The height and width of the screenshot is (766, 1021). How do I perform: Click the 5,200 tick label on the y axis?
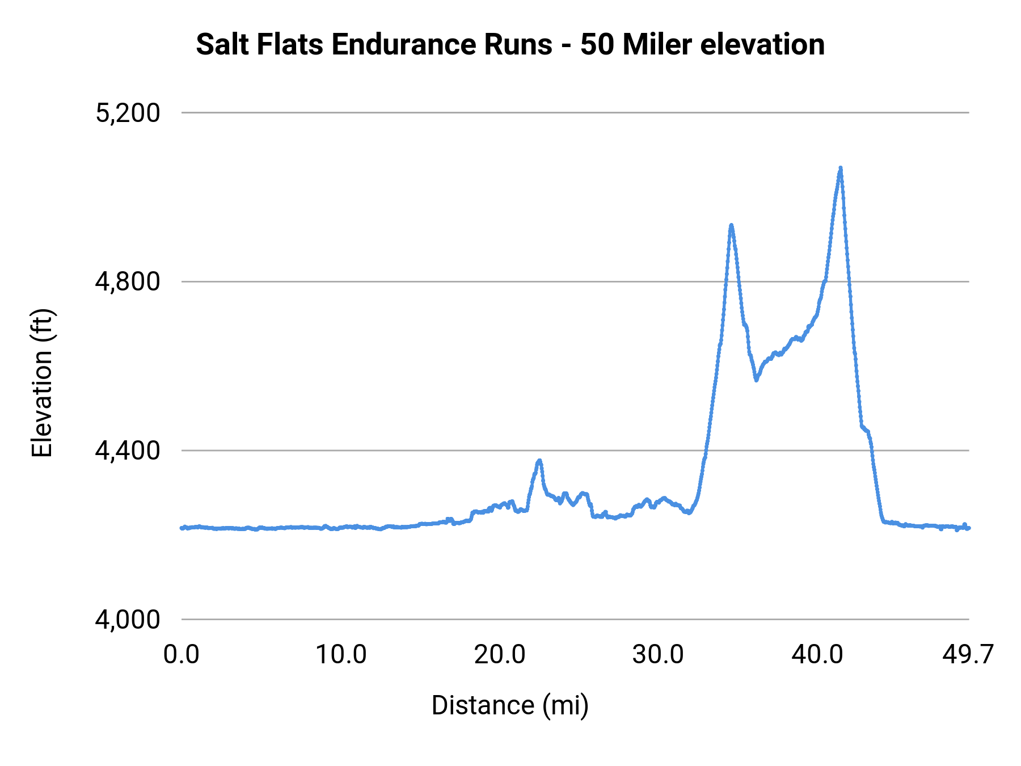[128, 113]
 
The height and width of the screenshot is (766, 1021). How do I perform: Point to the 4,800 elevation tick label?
[128, 282]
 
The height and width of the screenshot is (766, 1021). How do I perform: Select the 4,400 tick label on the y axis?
[128, 451]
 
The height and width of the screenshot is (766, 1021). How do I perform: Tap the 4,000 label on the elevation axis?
[128, 620]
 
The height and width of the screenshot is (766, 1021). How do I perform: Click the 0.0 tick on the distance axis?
[182, 655]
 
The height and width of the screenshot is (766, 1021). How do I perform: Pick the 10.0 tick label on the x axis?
[341, 655]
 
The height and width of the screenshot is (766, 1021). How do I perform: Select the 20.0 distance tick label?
[500, 655]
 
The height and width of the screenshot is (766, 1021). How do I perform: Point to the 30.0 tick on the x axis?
[659, 655]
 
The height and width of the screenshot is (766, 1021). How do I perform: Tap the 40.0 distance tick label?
[817, 655]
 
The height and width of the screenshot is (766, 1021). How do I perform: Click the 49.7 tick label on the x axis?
[968, 655]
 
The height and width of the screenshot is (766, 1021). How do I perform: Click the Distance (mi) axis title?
[510, 705]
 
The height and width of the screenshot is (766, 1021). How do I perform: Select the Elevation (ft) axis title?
[42, 383]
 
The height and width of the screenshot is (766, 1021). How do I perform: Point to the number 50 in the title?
[597, 45]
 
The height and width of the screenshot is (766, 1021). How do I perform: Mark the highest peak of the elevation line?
[840, 169]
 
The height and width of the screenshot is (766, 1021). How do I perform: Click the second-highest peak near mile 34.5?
[731, 226]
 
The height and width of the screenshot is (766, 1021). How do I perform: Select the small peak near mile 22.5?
[539, 461]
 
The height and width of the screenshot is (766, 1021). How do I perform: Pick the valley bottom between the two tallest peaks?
[756, 379]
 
